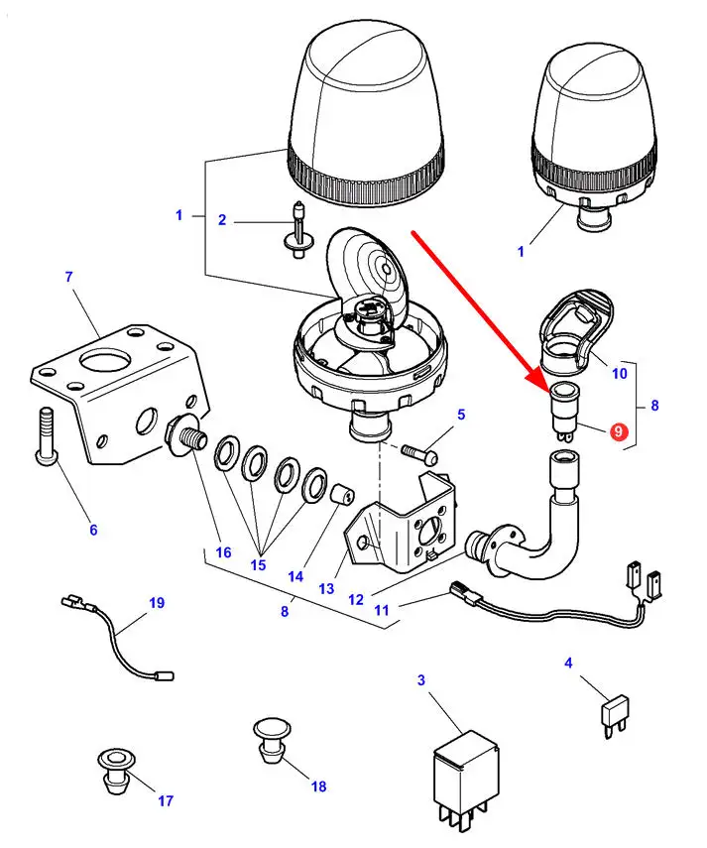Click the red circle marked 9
coord(619,431)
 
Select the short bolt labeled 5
coord(420,453)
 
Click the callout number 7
coord(68,277)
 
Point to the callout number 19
coord(157,602)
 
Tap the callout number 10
coord(620,373)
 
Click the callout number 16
coord(223,552)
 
